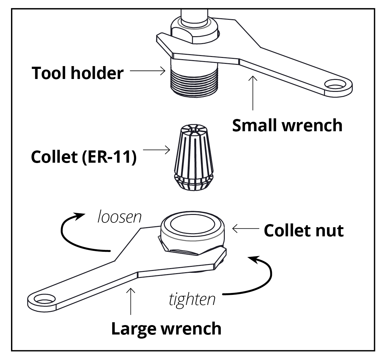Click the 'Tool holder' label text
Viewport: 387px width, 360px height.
coord(78,73)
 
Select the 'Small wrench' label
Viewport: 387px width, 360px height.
coord(287,125)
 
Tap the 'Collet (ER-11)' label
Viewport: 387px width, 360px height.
coord(84,157)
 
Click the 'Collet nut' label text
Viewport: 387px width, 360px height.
coord(303,230)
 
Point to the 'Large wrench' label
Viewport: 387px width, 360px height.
coord(166,329)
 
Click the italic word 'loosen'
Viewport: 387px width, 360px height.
coord(119,217)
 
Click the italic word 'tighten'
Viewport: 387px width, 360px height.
coord(192,299)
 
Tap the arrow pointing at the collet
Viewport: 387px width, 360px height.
coord(156,150)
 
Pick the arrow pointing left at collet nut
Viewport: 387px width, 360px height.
coord(246,229)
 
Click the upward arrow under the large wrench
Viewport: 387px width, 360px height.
coord(130,301)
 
